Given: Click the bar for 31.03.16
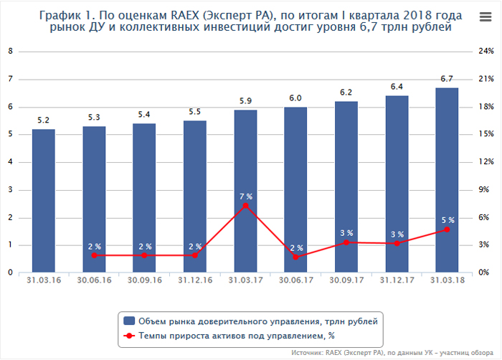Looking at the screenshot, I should coord(43,201).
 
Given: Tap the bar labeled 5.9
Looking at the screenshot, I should coord(245,191).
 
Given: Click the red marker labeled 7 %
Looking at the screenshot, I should coord(245,206).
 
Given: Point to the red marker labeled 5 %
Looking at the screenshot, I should coord(446,229).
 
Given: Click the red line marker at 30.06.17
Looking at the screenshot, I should coord(295,257).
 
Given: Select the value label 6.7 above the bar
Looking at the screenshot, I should coord(446,79).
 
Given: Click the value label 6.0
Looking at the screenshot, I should coord(295,98).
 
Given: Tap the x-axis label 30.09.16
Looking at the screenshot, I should coord(144,281).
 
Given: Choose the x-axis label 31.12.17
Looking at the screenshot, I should coord(396,281).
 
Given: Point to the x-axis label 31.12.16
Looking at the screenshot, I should coord(194,281).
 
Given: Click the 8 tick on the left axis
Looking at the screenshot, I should coord(10,52).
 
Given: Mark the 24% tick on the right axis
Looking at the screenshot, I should coord(486,52).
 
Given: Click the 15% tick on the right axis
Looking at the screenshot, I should coord(486,134).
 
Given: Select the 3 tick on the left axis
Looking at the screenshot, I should coord(10,190).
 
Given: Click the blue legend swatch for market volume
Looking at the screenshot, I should coord(130,321).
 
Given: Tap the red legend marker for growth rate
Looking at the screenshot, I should coord(130,335).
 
